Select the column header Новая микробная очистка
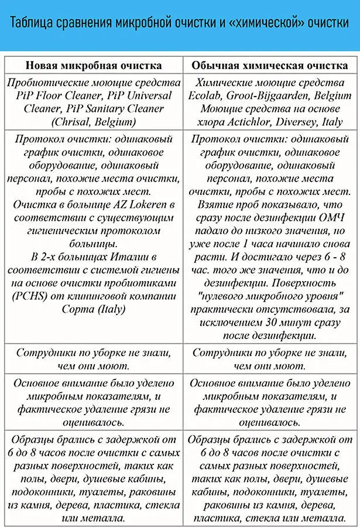tap(93, 64)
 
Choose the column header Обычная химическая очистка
tap(270, 64)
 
